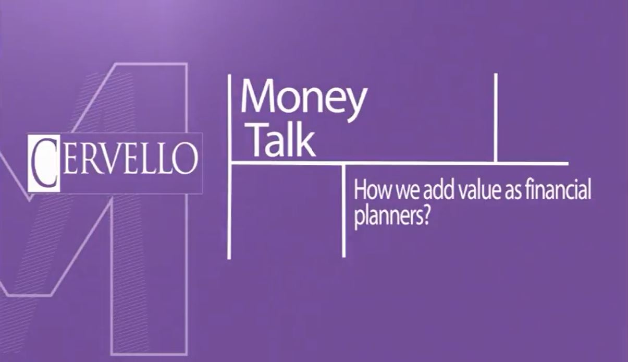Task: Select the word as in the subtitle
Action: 512,192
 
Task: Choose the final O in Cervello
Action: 183,159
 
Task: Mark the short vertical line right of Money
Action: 496,118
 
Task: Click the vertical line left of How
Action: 344,211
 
